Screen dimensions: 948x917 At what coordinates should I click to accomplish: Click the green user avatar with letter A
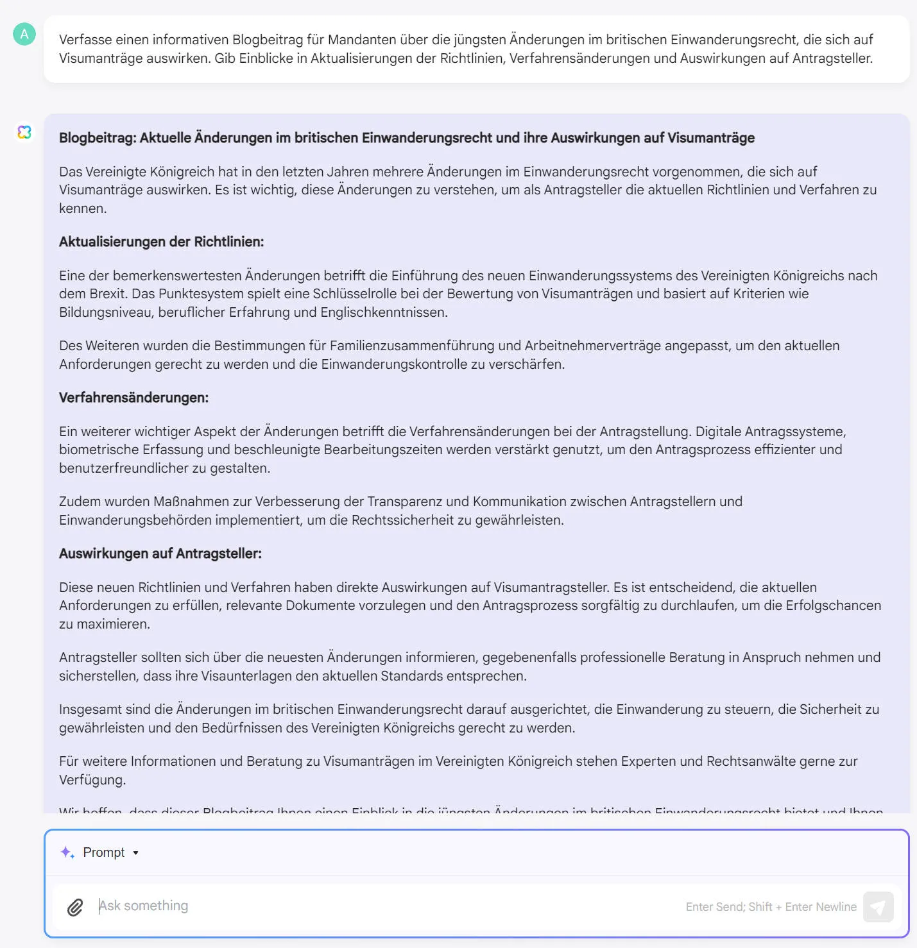24,34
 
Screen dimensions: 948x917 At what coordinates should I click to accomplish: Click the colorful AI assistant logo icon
24,132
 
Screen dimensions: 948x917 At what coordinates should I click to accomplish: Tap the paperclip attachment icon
75,907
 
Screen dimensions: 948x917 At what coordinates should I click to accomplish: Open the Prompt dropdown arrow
135,853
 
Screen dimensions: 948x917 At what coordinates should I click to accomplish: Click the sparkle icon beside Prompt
67,852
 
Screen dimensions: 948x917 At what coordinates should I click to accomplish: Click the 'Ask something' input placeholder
144,906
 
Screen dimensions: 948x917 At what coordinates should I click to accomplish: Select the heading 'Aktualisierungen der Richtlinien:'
161,242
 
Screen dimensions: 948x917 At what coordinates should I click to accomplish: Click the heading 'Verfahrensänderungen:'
133,398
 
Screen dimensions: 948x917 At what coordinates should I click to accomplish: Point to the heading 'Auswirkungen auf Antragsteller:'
160,554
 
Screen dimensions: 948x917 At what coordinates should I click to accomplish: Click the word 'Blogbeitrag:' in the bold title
98,138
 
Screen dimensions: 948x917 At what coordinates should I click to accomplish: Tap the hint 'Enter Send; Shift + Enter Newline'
771,907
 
